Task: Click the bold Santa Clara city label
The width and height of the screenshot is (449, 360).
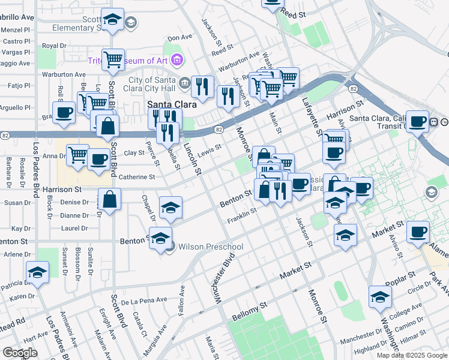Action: point(170,104)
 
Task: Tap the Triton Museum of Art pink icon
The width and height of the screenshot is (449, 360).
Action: point(176,59)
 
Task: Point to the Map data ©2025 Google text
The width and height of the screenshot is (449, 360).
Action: point(412,355)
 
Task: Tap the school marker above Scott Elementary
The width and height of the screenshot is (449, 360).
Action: point(112,20)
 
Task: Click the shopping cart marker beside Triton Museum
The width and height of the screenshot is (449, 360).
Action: point(113,59)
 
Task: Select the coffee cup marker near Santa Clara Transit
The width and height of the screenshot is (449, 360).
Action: point(417,121)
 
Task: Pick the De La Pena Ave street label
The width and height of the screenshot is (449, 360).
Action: point(143,300)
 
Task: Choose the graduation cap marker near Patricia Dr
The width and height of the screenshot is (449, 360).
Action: point(37,272)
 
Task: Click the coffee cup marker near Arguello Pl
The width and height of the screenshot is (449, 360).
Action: point(64,112)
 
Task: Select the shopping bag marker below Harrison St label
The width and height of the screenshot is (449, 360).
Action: point(110,200)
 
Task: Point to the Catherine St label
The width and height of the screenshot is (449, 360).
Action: point(137,177)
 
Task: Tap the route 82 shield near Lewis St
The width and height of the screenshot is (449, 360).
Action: point(218,129)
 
